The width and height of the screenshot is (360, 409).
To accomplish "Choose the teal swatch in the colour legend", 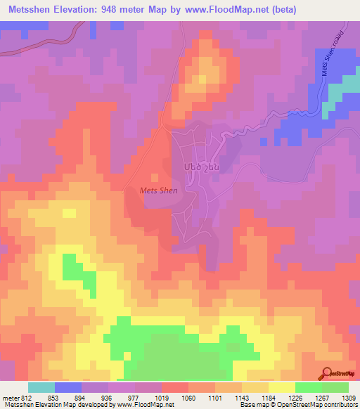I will [x=41, y=387].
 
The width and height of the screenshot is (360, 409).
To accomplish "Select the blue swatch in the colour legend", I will [x=68, y=387].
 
